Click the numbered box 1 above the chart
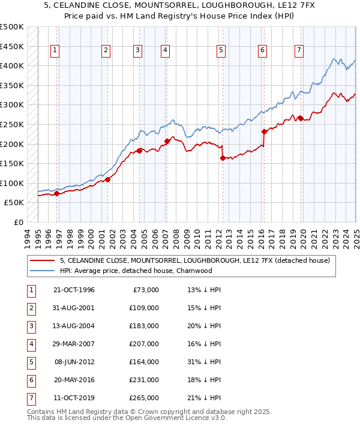55,51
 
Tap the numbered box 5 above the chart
221,51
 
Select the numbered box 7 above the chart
298,51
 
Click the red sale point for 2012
223,158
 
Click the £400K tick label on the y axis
12,65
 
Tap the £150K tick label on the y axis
12,163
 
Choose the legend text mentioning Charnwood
136,271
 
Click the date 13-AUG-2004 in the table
74,326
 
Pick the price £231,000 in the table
145,380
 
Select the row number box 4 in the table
30,344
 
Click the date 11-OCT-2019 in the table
74,398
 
